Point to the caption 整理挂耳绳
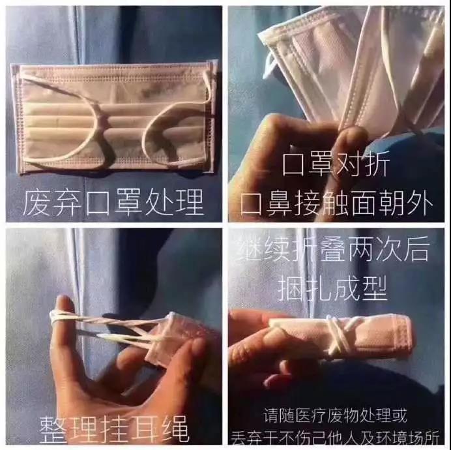[114, 430]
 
